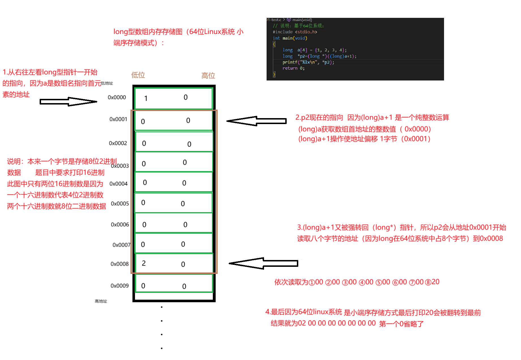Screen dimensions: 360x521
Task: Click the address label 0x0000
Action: pyautogui.click(x=117, y=97)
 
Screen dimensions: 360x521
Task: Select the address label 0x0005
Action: pyautogui.click(x=120, y=204)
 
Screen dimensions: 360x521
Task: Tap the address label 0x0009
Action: pyautogui.click(x=119, y=286)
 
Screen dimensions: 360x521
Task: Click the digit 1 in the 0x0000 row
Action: pyautogui.click(x=146, y=99)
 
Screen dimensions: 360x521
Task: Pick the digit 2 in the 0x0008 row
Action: pyautogui.click(x=144, y=263)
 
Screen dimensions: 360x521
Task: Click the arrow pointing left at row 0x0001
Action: pyautogui.click(x=256, y=121)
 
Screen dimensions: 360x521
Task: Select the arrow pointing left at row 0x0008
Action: pyautogui.click(x=263, y=263)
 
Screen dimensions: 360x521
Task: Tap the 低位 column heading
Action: pyautogui.click(x=138, y=75)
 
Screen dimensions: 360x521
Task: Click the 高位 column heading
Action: pyautogui.click(x=208, y=76)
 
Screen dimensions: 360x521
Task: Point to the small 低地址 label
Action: pyautogui.click(x=107, y=83)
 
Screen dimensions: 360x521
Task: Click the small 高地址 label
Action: pyautogui.click(x=101, y=301)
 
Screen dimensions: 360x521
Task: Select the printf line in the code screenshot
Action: pyautogui.click(x=308, y=62)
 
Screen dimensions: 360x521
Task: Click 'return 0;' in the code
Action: pyautogui.click(x=293, y=68)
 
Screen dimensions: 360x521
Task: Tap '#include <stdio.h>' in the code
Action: pyautogui.click(x=295, y=32)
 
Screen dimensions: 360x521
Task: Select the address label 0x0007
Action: pyautogui.click(x=121, y=245)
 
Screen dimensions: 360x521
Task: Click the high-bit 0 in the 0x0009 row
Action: pyautogui.click(x=184, y=286)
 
